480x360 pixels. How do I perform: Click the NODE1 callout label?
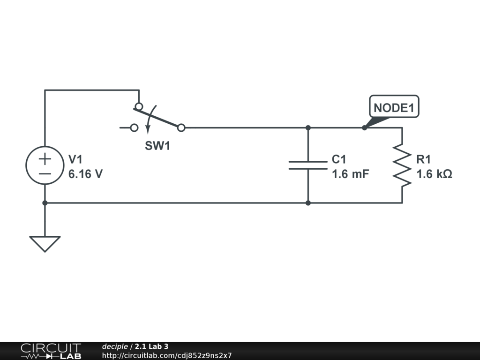(x=394, y=108)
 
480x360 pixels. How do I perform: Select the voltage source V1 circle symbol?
(x=45, y=165)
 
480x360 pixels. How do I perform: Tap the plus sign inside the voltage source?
(x=45, y=159)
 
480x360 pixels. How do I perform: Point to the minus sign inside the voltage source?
(x=45, y=173)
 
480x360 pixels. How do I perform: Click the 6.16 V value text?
(x=85, y=174)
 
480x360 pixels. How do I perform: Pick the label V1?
(x=75, y=159)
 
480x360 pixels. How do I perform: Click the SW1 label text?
(x=157, y=146)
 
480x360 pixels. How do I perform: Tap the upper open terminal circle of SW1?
(x=139, y=106)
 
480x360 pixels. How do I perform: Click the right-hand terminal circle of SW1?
(x=181, y=127)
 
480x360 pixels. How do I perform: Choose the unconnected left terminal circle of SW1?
(x=134, y=127)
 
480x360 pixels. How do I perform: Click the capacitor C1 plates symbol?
(x=308, y=165)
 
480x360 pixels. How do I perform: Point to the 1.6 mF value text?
(x=351, y=174)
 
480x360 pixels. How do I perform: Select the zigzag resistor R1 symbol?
(x=402, y=165)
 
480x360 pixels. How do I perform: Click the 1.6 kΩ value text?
(x=434, y=174)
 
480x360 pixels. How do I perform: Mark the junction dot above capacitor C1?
(x=308, y=127)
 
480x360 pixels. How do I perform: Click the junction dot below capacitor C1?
(x=308, y=203)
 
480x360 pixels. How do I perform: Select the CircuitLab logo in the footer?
(x=51, y=351)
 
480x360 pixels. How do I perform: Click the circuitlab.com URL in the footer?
(x=167, y=356)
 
